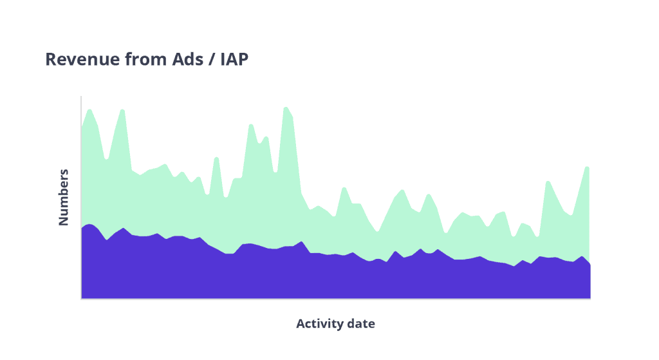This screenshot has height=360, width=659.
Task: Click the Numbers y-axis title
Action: (x=63, y=197)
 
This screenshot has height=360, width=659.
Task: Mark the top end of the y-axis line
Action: (x=81, y=97)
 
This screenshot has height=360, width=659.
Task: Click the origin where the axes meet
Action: (x=81, y=299)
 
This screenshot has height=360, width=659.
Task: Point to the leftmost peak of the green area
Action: (x=89, y=109)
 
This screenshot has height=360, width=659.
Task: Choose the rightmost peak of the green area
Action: (x=588, y=167)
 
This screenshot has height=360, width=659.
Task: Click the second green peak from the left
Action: (x=122, y=109)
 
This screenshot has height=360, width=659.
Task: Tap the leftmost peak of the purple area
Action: (x=89, y=224)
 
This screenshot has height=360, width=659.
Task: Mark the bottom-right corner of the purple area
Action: (x=590, y=298)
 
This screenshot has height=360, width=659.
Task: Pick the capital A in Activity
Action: (x=301, y=323)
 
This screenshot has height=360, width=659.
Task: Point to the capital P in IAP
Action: (x=243, y=59)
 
